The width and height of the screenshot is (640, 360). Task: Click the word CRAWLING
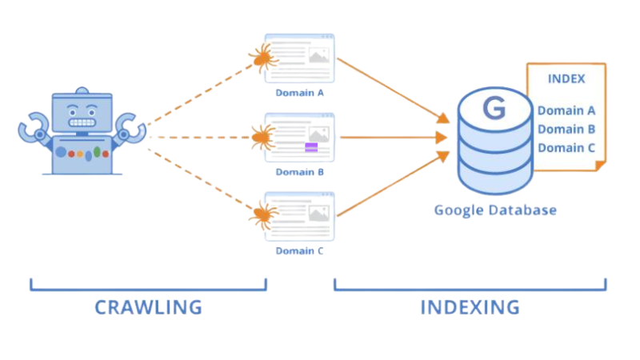pyautogui.click(x=148, y=306)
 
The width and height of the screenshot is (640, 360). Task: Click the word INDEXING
pyautogui.click(x=470, y=306)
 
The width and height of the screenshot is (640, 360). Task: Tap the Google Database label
pyautogui.click(x=494, y=210)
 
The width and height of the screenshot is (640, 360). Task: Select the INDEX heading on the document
pyautogui.click(x=566, y=79)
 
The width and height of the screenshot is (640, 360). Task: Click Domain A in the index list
pyautogui.click(x=566, y=110)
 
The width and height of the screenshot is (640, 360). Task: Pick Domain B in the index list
pyautogui.click(x=566, y=129)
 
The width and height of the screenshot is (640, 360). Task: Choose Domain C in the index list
pyautogui.click(x=566, y=147)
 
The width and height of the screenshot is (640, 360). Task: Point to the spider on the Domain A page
pyautogui.click(x=261, y=58)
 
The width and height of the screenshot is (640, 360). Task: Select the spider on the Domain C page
pyautogui.click(x=261, y=214)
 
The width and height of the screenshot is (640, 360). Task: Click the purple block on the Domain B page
pyautogui.click(x=311, y=146)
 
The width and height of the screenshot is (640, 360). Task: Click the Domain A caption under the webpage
pyautogui.click(x=299, y=93)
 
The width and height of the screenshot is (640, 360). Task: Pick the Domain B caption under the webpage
pyautogui.click(x=299, y=171)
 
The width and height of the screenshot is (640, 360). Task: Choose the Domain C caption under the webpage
pyautogui.click(x=299, y=250)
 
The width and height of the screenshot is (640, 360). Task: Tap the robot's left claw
pyautogui.click(x=34, y=128)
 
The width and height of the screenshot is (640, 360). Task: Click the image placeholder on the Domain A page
pyautogui.click(x=319, y=56)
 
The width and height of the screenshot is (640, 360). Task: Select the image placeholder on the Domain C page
pyautogui.click(x=319, y=214)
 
